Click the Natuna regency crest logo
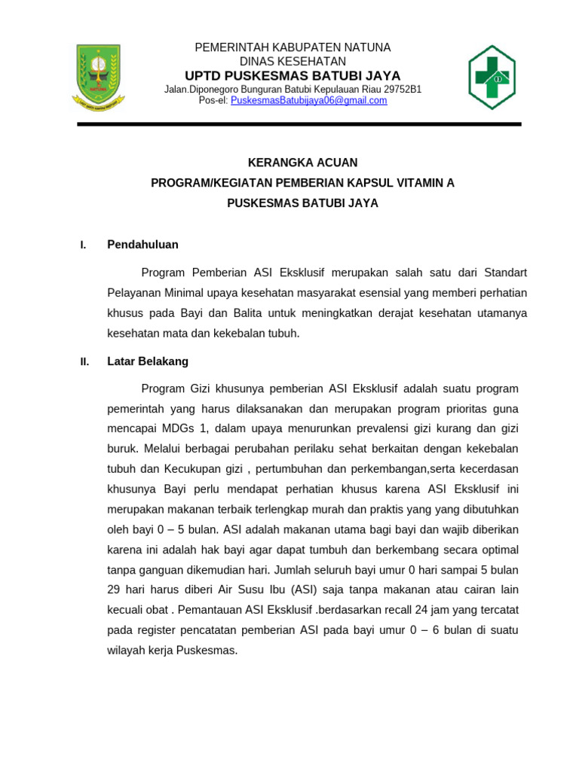(x=99, y=77)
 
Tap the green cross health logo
(x=492, y=78)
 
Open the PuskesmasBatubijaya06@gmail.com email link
(x=308, y=101)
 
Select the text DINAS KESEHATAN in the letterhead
(x=293, y=61)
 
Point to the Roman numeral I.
(x=83, y=245)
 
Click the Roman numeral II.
(x=84, y=362)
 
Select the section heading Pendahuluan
(x=143, y=245)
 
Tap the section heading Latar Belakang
(x=148, y=361)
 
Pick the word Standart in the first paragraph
(x=505, y=272)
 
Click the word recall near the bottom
(x=404, y=609)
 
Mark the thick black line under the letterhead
(x=299, y=124)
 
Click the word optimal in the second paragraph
(x=498, y=549)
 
